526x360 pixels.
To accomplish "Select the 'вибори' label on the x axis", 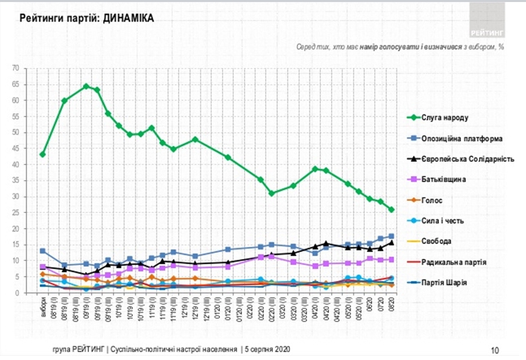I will (x=42, y=306).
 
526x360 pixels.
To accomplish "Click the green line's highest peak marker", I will (x=86, y=86).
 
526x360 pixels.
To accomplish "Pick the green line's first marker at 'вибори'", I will (x=42, y=154).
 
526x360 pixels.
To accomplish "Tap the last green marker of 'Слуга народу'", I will (x=391, y=210).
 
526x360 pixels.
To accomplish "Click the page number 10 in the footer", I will (x=494, y=349).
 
